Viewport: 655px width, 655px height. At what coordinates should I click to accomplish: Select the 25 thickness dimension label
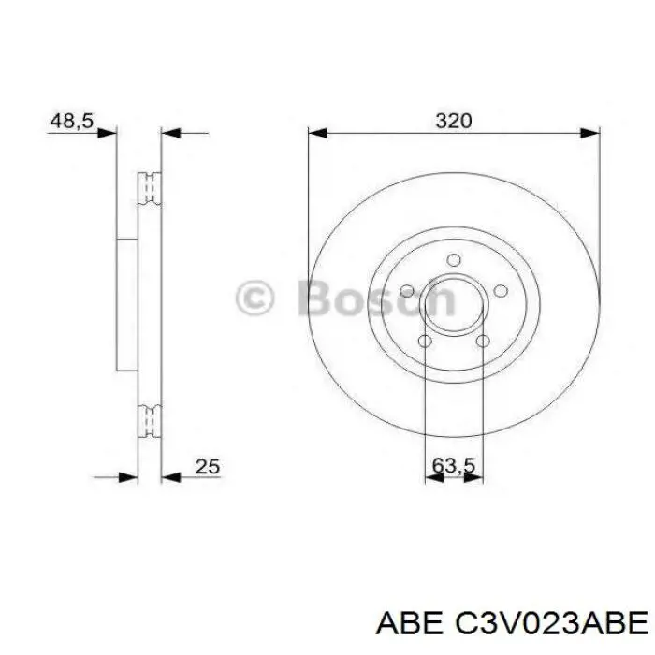click(x=207, y=464)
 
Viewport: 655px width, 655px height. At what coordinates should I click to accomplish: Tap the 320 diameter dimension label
click(x=453, y=121)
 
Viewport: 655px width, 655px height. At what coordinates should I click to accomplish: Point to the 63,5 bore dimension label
click(x=453, y=464)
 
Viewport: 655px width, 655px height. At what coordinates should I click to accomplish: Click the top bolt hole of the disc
click(x=454, y=260)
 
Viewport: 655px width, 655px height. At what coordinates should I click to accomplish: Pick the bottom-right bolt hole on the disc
click(x=482, y=342)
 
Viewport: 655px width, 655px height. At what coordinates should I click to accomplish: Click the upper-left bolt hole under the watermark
click(x=408, y=291)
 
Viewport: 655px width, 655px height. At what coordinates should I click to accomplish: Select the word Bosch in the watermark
click(x=374, y=298)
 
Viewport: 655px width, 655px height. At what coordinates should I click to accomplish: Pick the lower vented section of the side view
click(x=150, y=420)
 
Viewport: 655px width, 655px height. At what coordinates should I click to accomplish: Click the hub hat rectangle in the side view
click(x=126, y=303)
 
